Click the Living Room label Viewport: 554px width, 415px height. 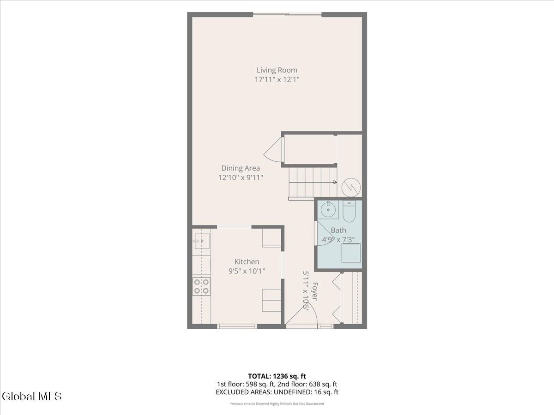[x=277, y=70]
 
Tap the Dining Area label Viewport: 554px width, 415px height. [x=241, y=168]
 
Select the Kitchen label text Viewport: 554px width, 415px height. [x=247, y=261]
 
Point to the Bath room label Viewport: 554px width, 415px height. [x=338, y=230]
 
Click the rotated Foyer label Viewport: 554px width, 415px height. [x=314, y=291]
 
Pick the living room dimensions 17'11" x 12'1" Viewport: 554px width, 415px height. [x=277, y=80]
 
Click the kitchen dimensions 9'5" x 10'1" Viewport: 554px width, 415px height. [x=247, y=271]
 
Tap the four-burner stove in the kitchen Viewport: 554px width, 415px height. [x=201, y=286]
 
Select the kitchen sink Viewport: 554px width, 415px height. [x=202, y=241]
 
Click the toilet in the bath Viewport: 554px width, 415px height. [x=349, y=211]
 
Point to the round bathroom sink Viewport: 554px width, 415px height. [x=328, y=210]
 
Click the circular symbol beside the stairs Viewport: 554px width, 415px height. [x=351, y=188]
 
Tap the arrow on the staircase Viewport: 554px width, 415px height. [x=313, y=182]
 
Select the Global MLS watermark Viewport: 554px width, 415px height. [x=32, y=397]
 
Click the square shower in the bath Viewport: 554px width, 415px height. [x=351, y=253]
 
